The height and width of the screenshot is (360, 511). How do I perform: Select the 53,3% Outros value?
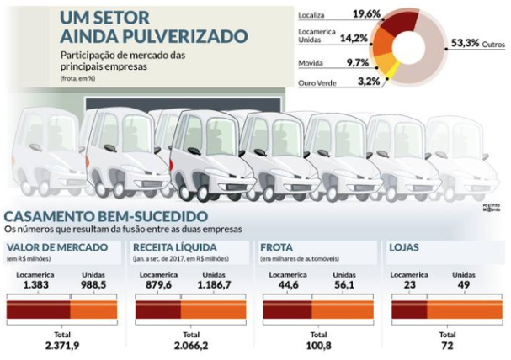click(x=465, y=43)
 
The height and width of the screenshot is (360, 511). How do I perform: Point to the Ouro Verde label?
click(x=320, y=82)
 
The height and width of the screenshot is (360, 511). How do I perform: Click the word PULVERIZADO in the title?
click(x=189, y=37)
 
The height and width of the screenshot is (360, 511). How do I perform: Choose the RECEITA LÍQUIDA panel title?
click(x=176, y=247)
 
